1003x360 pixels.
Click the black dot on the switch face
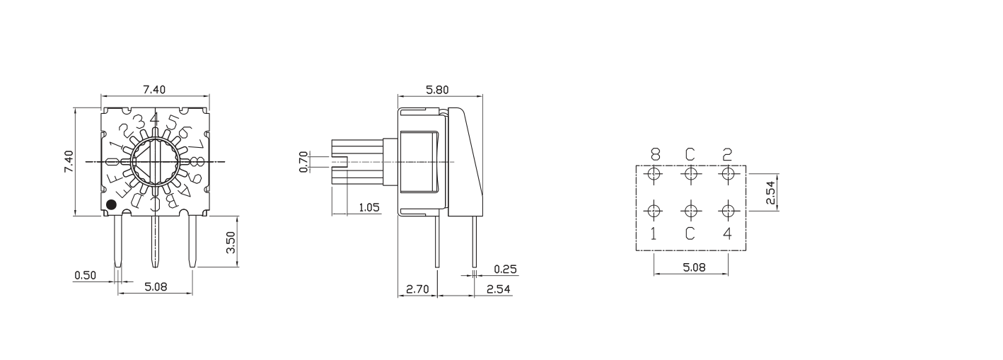coord(111,205)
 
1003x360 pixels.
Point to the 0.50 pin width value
coord(85,274)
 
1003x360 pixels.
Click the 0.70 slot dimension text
coord(304,161)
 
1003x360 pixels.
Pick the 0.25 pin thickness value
coord(505,269)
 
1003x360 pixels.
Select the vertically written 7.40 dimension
coord(69,162)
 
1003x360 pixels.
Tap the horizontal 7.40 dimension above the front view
coord(154,89)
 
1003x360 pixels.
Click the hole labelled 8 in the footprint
coord(654,173)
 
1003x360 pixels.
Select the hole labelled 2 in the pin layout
coord(728,173)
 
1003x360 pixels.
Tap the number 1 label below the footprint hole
coord(654,233)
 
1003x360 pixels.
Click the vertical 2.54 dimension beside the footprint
coord(770,192)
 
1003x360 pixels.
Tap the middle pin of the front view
coord(154,240)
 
